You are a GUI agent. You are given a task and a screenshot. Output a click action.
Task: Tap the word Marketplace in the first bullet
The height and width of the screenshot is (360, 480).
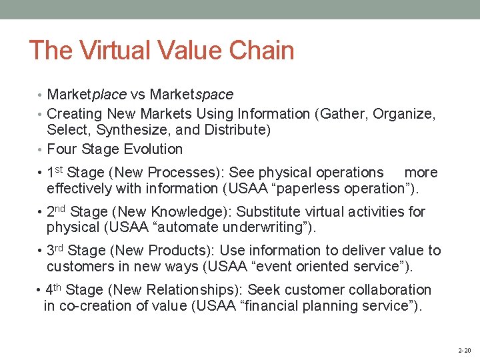click(87, 95)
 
